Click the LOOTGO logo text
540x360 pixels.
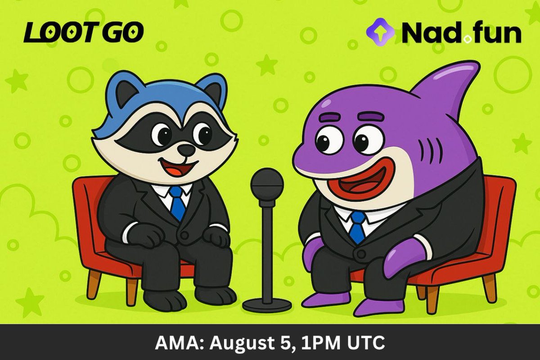click(83, 33)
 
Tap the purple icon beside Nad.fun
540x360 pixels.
click(380, 31)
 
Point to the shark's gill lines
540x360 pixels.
click(432, 151)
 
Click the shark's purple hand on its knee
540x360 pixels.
click(403, 256)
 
